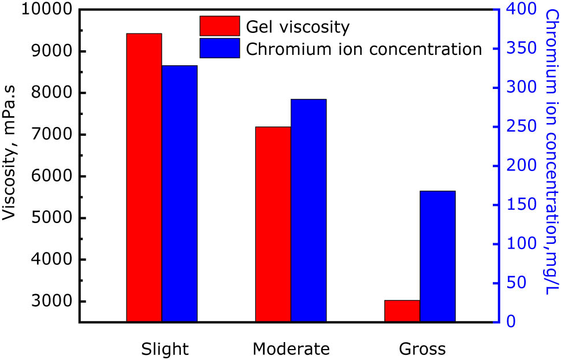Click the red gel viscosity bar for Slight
(144, 177)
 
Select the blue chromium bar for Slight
(179, 194)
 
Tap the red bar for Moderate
(273, 224)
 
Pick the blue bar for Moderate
(309, 210)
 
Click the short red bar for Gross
(402, 311)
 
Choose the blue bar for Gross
(437, 256)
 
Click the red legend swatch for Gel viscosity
(220, 26)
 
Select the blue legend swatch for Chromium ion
(220, 49)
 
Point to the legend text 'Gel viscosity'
(298, 27)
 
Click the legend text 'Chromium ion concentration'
(364, 49)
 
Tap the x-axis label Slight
(165, 349)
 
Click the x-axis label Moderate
(291, 349)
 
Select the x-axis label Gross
(422, 349)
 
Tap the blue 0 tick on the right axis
(512, 322)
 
